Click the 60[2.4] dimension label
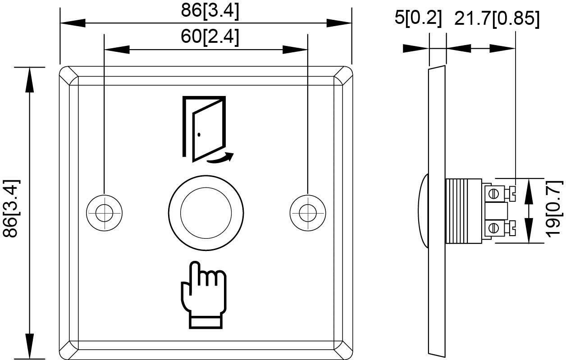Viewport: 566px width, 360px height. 210,36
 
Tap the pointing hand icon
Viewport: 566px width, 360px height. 203,295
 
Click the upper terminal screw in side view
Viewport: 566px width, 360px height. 494,194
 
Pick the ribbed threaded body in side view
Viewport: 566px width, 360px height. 463,210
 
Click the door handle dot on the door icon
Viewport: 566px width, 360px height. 199,134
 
